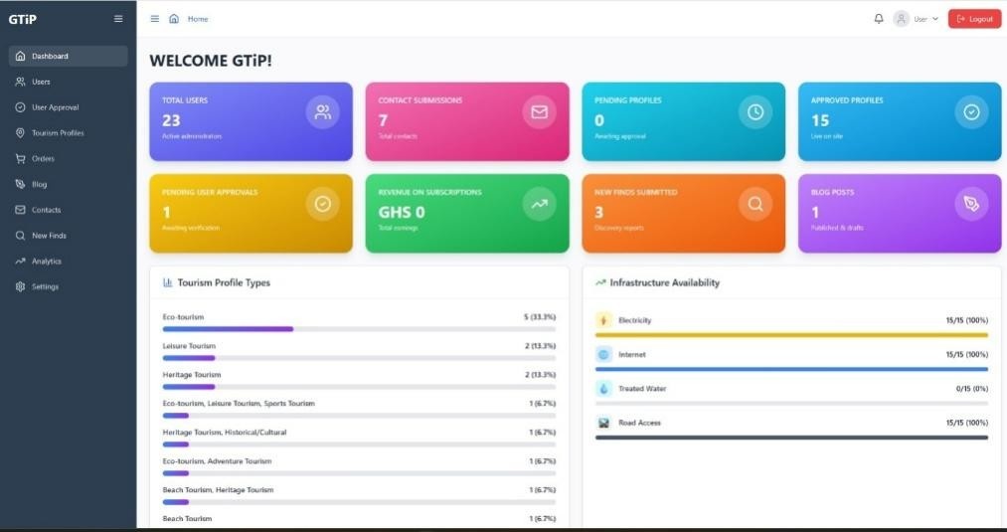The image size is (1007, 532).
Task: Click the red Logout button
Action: click(x=974, y=19)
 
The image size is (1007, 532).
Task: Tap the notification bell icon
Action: click(x=879, y=19)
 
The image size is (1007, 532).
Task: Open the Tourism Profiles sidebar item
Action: click(x=58, y=133)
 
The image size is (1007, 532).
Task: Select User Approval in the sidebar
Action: click(x=55, y=107)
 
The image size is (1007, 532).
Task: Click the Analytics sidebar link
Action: click(x=46, y=262)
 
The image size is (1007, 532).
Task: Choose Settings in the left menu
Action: click(x=45, y=287)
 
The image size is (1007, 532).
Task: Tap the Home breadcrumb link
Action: click(x=198, y=19)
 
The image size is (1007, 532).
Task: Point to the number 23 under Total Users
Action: click(x=171, y=120)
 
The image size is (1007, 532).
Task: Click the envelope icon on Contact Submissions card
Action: click(x=539, y=112)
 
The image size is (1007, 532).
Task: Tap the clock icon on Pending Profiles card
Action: click(x=755, y=112)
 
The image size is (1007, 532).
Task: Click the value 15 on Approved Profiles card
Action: click(x=820, y=120)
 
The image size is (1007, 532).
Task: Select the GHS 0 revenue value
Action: click(x=402, y=212)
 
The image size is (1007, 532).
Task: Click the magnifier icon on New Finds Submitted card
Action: click(x=755, y=204)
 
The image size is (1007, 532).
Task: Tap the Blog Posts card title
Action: click(x=832, y=192)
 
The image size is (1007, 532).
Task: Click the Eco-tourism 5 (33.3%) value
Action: click(x=540, y=317)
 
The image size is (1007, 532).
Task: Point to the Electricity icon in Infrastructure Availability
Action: click(x=603, y=320)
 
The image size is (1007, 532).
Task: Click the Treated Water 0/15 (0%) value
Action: click(x=966, y=389)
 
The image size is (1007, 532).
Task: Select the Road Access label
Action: click(x=639, y=423)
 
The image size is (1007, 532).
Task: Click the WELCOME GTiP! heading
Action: click(x=211, y=61)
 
